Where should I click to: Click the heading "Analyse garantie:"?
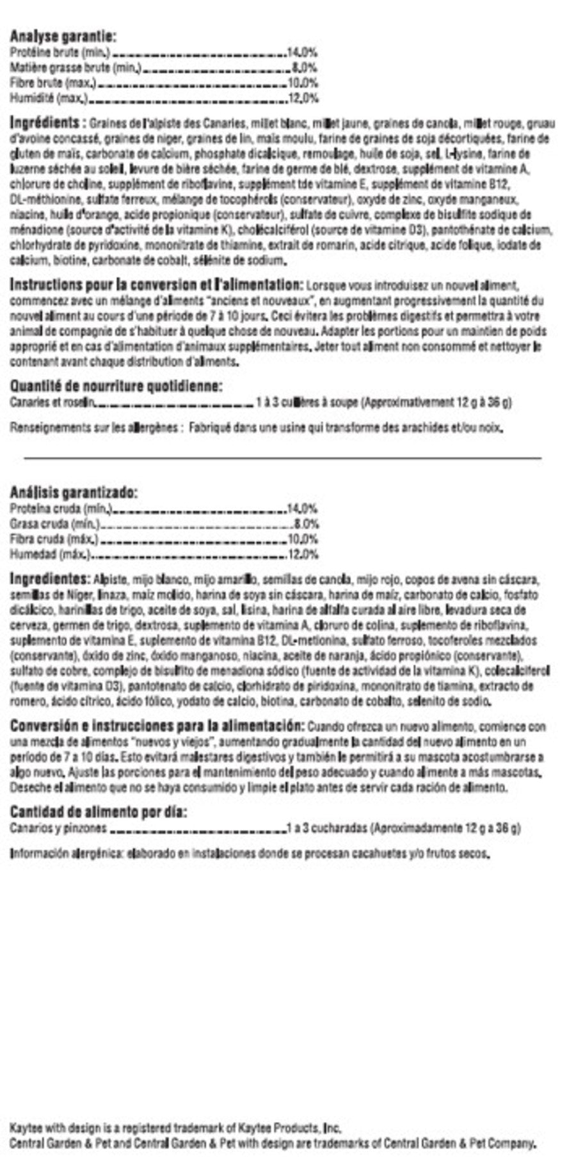click(x=63, y=37)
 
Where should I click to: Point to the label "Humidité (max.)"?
click(x=49, y=99)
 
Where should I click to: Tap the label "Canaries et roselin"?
click(x=52, y=403)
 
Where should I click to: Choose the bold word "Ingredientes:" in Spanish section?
click(x=49, y=579)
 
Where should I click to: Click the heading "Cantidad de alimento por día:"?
click(x=98, y=812)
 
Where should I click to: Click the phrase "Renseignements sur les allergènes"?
click(x=93, y=428)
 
